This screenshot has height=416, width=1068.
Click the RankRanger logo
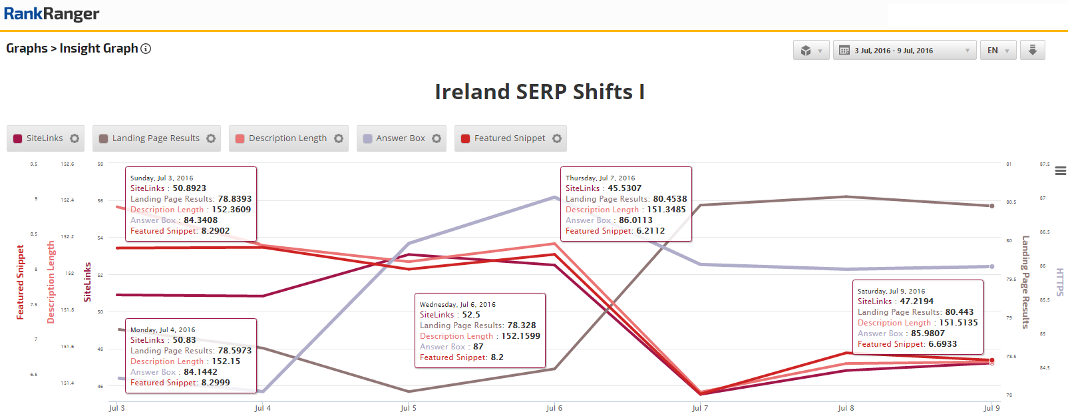pyautogui.click(x=52, y=14)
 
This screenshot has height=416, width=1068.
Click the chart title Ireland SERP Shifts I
pyautogui.click(x=540, y=92)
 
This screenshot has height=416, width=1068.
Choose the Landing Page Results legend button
pyautogui.click(x=156, y=138)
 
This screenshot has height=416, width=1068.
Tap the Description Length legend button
pyautogui.click(x=287, y=138)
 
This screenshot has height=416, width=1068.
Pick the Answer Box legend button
pyautogui.click(x=400, y=138)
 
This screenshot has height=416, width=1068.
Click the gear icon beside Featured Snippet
pyautogui.click(x=557, y=138)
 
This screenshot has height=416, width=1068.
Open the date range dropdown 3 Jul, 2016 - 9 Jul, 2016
pyautogui.click(x=904, y=51)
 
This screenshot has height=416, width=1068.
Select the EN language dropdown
pyautogui.click(x=997, y=51)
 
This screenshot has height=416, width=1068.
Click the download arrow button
pyautogui.click(x=1033, y=51)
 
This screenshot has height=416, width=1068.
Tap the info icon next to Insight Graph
pyautogui.click(x=146, y=49)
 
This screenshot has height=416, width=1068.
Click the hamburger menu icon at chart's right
pyautogui.click(x=1061, y=171)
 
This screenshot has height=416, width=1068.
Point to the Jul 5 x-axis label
pyautogui.click(x=409, y=408)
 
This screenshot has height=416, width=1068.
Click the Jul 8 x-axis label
pyautogui.click(x=846, y=408)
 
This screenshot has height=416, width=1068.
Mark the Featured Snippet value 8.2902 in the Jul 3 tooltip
pyautogui.click(x=216, y=231)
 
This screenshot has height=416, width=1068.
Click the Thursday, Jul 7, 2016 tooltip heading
pyautogui.click(x=600, y=178)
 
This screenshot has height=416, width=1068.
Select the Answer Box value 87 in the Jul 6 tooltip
pyautogui.click(x=478, y=347)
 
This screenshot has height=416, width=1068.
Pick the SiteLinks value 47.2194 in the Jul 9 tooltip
pyautogui.click(x=916, y=302)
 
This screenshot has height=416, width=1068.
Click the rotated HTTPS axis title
pyautogui.click(x=1060, y=282)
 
